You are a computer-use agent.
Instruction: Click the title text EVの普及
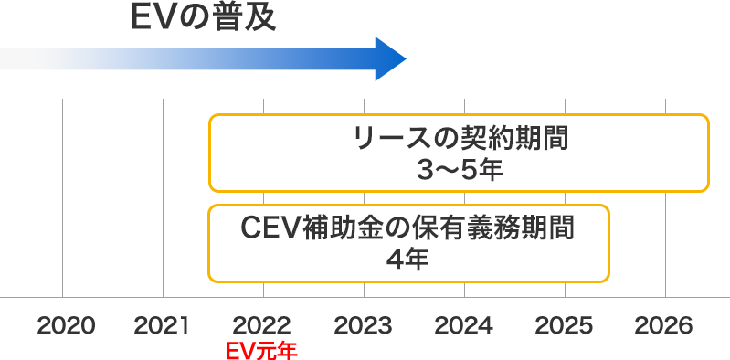pyautogui.click(x=202, y=16)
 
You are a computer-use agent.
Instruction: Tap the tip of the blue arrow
pyautogui.click(x=404, y=59)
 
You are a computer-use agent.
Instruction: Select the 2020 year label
pyautogui.click(x=67, y=325)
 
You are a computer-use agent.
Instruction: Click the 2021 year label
pyautogui.click(x=162, y=325)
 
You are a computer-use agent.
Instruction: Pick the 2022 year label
pyautogui.click(x=263, y=325)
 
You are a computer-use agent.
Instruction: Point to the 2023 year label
pyautogui.click(x=364, y=325)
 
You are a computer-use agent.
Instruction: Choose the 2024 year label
pyautogui.click(x=464, y=325)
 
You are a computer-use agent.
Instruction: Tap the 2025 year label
pyautogui.click(x=565, y=325)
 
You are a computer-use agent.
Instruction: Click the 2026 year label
pyautogui.click(x=665, y=325)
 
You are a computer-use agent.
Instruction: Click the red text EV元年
pyautogui.click(x=261, y=349)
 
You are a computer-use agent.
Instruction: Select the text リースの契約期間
pyautogui.click(x=460, y=140)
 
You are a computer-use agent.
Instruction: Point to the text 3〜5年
pyautogui.click(x=460, y=170)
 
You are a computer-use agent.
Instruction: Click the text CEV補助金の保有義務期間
pyautogui.click(x=408, y=228)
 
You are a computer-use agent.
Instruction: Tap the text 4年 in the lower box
pyautogui.click(x=408, y=259)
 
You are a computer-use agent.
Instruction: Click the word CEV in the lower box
pyautogui.click(x=270, y=228)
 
